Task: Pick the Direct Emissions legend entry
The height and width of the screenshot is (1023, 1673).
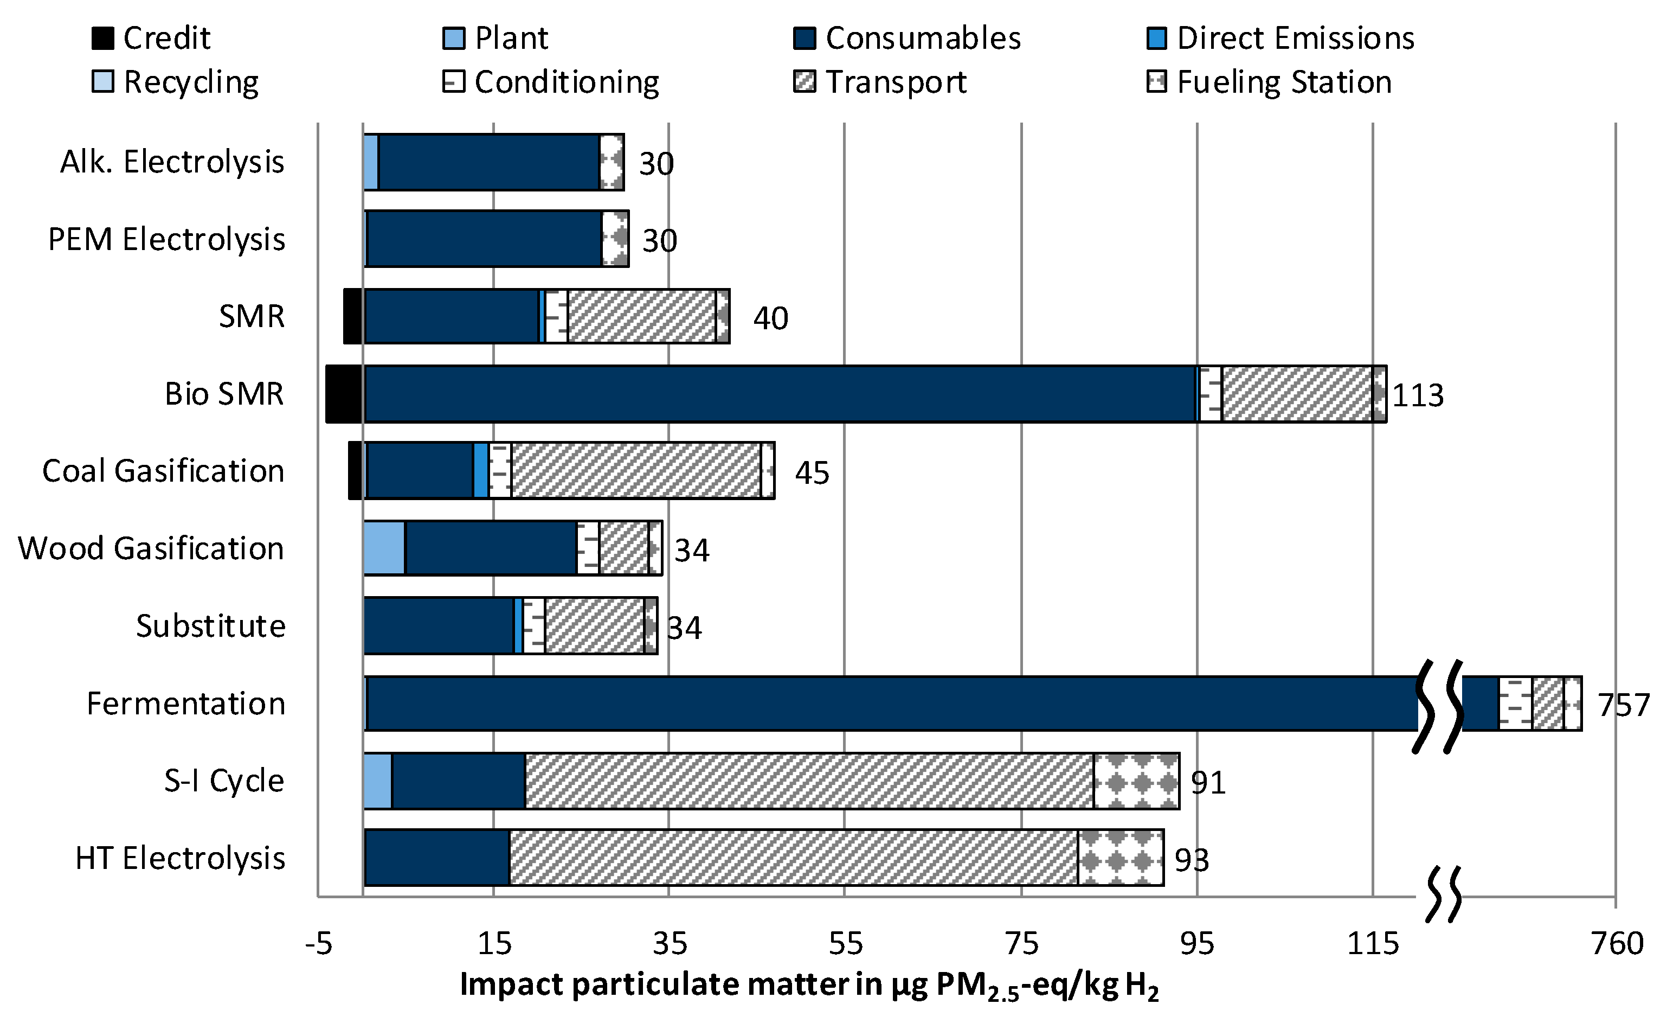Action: (1279, 38)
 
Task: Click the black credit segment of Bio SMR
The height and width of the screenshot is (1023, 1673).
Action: (344, 394)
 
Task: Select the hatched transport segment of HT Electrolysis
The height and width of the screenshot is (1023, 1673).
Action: (793, 857)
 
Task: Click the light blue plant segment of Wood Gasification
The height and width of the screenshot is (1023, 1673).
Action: (384, 548)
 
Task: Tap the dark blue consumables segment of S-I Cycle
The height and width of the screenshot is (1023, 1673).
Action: (458, 781)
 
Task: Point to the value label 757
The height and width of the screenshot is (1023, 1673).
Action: (1623, 705)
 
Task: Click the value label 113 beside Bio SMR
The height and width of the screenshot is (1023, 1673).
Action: (1418, 395)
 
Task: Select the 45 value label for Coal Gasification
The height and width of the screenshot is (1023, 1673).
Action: (812, 473)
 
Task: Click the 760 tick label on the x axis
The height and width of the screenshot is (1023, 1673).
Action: (1617, 943)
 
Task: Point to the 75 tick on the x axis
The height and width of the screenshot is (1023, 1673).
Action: (1021, 943)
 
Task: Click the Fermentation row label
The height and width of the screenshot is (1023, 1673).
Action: (185, 703)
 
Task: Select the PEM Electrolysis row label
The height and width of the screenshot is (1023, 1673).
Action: (166, 239)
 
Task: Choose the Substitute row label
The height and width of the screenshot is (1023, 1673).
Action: (210, 625)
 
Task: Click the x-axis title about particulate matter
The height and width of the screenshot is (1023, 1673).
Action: (808, 985)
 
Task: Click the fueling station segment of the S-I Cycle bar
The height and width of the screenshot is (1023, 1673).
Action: (1136, 781)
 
